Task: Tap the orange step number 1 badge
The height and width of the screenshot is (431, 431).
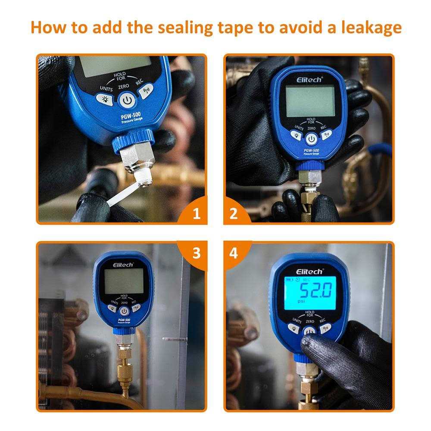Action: [196, 213]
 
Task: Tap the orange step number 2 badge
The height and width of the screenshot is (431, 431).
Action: [233, 213]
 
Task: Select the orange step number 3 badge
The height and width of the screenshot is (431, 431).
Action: [196, 253]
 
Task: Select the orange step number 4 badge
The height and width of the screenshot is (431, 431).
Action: [233, 253]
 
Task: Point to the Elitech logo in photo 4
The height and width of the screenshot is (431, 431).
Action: [309, 272]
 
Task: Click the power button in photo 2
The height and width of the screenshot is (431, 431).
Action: [311, 138]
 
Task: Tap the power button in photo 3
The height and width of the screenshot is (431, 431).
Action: [124, 311]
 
